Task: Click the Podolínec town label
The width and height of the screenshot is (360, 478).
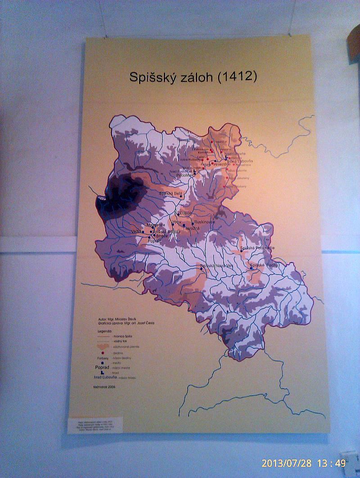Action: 185,175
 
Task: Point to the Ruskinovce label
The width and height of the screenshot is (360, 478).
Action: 205,222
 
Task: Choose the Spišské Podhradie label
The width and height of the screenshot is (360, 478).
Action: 257,248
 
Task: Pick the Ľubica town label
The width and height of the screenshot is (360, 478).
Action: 185,213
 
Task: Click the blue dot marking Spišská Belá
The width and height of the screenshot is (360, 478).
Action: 181,197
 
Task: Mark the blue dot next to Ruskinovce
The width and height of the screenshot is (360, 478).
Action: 193,223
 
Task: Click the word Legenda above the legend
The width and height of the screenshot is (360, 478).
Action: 104,331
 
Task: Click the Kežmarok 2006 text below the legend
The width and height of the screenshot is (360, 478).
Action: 104,387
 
